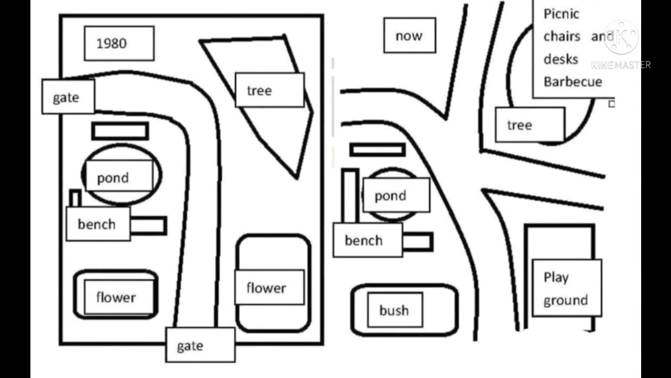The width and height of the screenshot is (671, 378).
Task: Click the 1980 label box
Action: (119, 44)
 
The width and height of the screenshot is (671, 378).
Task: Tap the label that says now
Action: (409, 36)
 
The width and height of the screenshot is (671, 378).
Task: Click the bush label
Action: (394, 310)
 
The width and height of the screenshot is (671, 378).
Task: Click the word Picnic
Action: (561, 14)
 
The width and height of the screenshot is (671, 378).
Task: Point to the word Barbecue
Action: (572, 82)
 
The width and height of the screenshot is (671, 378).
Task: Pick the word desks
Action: (560, 59)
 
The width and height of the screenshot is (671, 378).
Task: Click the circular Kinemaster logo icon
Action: (621, 37)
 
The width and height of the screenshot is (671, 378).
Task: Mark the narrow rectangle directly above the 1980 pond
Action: (120, 131)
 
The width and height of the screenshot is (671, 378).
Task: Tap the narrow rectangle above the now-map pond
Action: (377, 150)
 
